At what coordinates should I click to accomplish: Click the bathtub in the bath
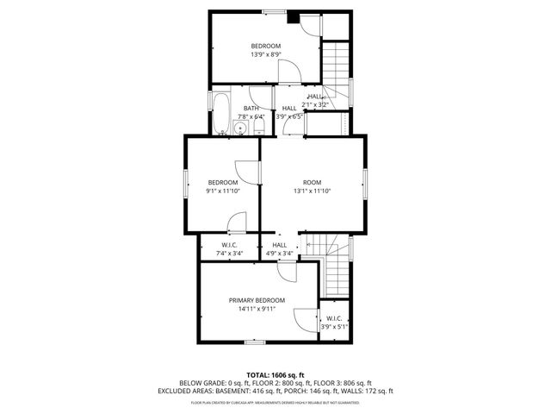click(x=220, y=111)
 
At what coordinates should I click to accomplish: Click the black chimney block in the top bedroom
click(x=294, y=16)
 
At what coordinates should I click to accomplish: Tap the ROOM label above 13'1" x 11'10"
click(x=312, y=182)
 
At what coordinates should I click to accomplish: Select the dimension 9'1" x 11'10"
click(x=223, y=191)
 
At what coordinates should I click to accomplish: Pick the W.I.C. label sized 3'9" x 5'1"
click(x=334, y=318)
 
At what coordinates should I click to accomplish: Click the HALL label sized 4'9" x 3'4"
click(x=280, y=245)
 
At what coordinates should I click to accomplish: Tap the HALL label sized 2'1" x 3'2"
click(x=314, y=97)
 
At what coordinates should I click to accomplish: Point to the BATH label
click(x=251, y=108)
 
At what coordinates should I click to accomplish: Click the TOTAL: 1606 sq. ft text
click(x=275, y=375)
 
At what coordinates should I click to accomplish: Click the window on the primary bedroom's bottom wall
click(x=254, y=342)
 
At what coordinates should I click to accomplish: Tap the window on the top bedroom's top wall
click(x=275, y=11)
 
